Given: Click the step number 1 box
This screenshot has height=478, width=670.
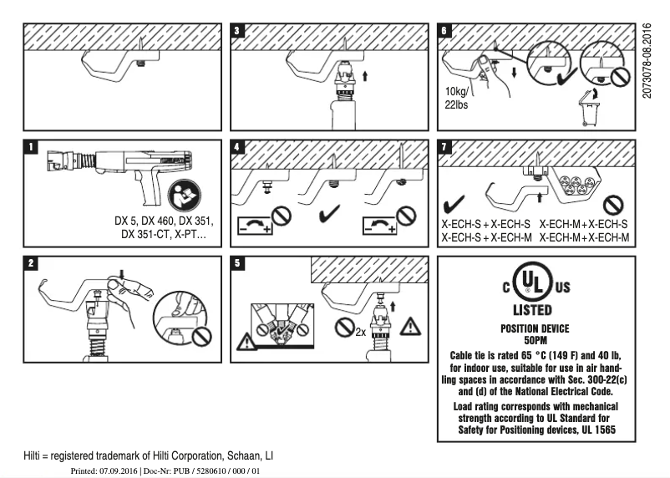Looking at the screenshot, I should (31, 147).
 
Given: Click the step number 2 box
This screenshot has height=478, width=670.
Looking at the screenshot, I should (31, 263).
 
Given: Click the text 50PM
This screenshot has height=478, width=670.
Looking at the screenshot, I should (535, 340).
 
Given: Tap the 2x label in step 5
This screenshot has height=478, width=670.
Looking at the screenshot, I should (361, 331).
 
